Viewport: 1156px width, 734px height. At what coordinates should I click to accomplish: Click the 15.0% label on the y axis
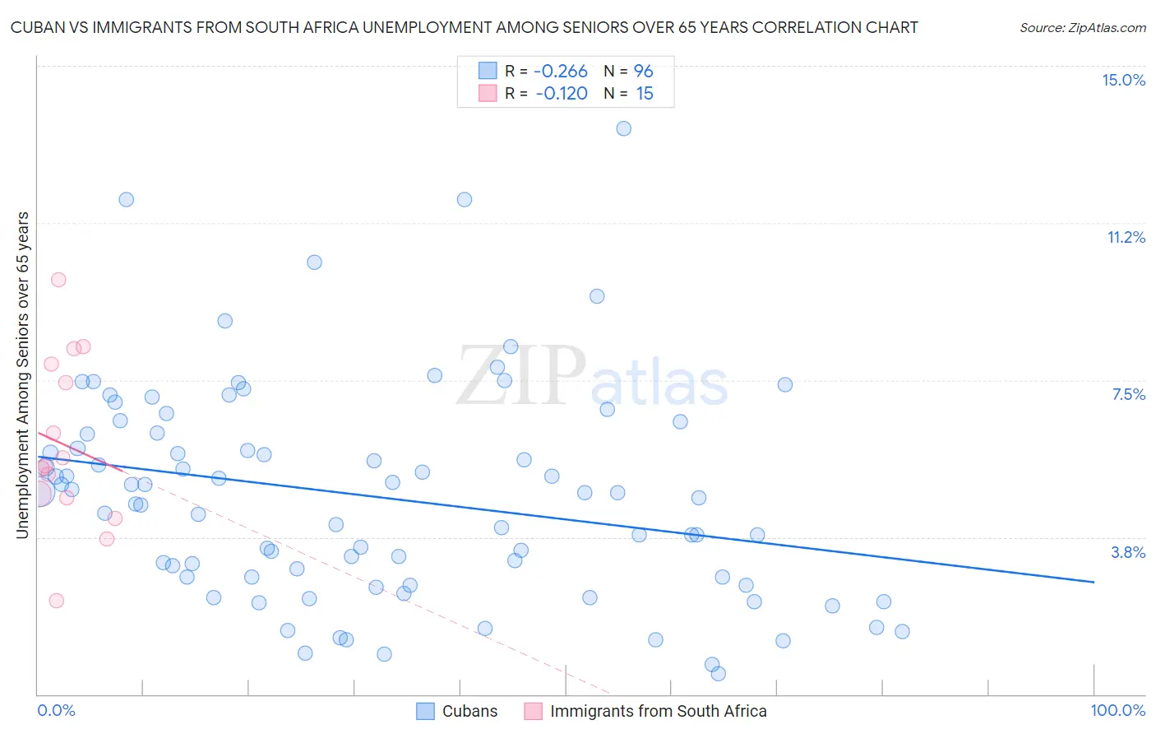(x=1123, y=80)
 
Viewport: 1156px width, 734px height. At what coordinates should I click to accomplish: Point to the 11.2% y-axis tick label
(x=1126, y=237)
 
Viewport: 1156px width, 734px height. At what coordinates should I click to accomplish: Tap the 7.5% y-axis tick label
(x=1128, y=394)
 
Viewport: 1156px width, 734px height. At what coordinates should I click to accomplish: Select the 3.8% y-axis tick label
(x=1128, y=552)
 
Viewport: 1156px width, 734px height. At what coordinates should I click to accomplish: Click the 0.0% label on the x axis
(x=56, y=710)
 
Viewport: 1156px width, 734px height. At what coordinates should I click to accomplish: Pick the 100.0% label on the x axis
(x=1117, y=710)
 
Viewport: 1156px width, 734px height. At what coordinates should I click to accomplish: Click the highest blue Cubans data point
(x=624, y=128)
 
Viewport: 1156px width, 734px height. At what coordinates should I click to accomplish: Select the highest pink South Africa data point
(x=58, y=280)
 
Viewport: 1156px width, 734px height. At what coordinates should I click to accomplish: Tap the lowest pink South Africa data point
(x=56, y=601)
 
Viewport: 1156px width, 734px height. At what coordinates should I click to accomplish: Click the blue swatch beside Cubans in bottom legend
(x=425, y=711)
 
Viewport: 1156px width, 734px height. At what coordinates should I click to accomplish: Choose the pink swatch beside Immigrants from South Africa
(x=533, y=711)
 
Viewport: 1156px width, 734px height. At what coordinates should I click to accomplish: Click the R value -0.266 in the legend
(x=560, y=72)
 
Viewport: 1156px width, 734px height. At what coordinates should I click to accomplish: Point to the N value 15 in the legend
(x=645, y=94)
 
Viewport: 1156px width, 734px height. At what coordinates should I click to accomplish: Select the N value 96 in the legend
(x=643, y=72)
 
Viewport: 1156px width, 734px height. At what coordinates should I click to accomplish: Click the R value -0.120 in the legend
(x=561, y=94)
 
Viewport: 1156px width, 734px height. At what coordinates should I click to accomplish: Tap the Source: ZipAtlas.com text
(x=1082, y=28)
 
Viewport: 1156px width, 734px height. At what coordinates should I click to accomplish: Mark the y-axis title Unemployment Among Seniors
(x=23, y=375)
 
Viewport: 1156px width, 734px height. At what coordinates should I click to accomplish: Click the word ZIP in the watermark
(x=521, y=376)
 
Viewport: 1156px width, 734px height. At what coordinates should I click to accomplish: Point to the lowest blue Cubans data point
(x=718, y=674)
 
